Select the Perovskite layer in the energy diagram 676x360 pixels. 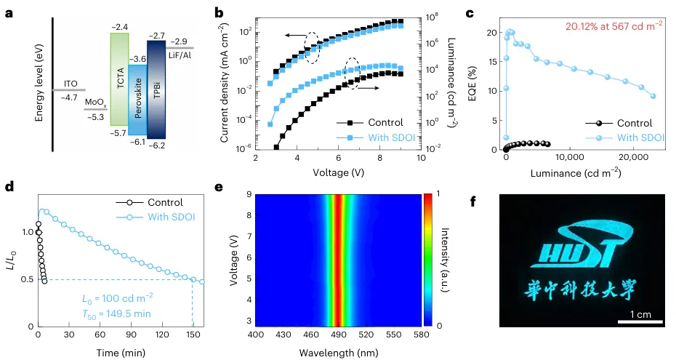pos(137,99)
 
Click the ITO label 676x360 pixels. pos(71,84)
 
